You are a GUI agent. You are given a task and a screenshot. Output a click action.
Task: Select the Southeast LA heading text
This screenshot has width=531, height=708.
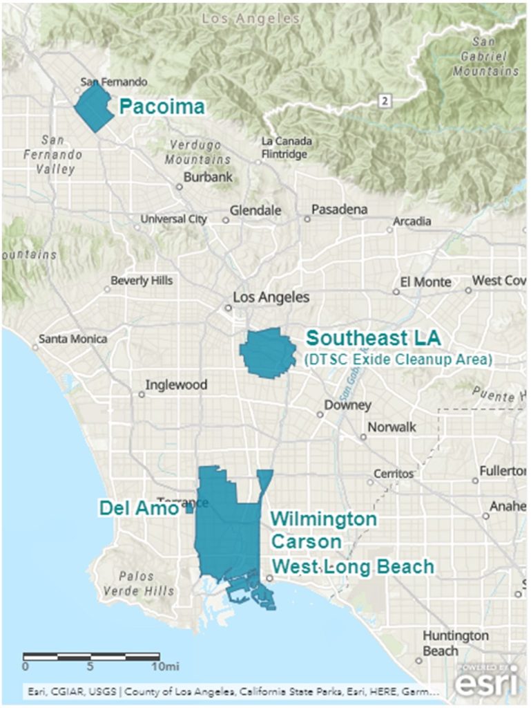coord(377,339)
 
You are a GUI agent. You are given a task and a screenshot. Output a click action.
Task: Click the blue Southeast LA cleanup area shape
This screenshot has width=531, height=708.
coord(267,353)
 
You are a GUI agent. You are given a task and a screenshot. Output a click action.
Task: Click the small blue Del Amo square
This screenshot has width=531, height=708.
coord(189,509)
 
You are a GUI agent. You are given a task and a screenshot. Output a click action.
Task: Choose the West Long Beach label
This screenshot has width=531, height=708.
coord(353,567)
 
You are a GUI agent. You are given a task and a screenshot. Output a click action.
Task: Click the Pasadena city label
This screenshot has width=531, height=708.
coord(340,209)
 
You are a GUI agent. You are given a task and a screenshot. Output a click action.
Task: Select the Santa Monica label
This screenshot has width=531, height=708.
coord(73,339)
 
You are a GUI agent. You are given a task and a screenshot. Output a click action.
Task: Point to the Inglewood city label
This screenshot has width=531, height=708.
coord(176,385)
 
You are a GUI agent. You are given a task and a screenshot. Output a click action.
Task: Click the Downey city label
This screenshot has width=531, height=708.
coord(349,405)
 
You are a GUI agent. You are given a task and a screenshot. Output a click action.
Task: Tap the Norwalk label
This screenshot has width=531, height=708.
coord(392,427)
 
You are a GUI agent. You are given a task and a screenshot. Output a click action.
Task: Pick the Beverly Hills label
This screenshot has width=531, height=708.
coord(142,281)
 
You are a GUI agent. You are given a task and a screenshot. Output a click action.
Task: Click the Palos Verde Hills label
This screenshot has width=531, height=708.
coord(137,584)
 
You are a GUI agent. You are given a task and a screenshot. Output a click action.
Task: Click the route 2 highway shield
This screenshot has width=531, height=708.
coord(384,102)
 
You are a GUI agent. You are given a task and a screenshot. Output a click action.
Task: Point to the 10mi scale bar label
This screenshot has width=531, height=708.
coord(166,667)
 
